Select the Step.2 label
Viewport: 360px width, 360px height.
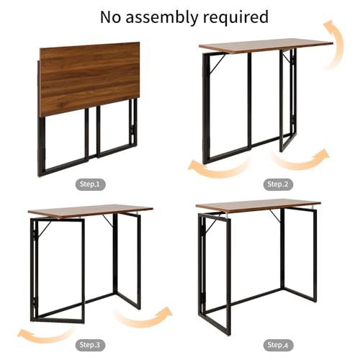277,184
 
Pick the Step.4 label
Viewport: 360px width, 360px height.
277,344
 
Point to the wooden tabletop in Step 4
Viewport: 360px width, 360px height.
258,204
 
